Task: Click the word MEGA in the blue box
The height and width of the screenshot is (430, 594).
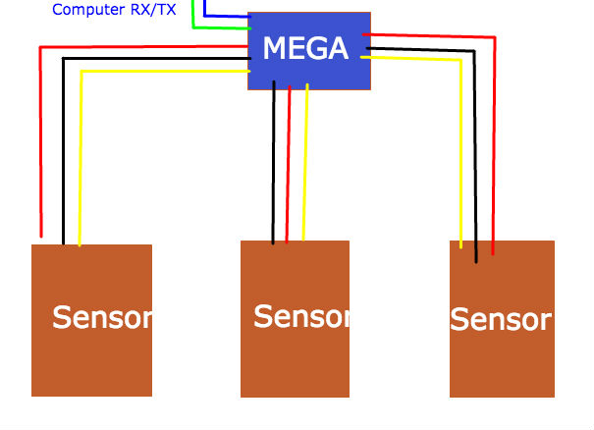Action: (x=304, y=48)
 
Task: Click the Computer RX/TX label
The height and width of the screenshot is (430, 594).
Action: (x=114, y=10)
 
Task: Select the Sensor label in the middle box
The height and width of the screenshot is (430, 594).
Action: (x=301, y=317)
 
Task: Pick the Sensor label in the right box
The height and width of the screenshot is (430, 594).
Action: (x=501, y=320)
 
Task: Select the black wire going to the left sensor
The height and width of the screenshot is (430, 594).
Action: (x=63, y=147)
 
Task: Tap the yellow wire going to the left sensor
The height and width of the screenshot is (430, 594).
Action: (x=81, y=157)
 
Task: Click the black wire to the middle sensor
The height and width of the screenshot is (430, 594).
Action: (x=274, y=167)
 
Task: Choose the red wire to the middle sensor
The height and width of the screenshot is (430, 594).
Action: (x=289, y=167)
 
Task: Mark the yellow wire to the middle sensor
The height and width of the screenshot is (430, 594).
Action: (x=305, y=167)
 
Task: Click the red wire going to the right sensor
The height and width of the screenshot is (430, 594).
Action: (x=494, y=147)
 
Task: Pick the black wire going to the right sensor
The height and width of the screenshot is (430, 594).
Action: (x=475, y=147)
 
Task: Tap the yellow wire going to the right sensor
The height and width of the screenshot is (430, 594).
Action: (x=460, y=147)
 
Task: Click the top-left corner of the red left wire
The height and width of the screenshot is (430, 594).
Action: (x=40, y=46)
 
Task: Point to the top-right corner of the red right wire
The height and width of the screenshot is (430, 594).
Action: (x=494, y=38)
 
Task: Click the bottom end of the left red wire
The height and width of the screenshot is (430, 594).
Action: (x=41, y=236)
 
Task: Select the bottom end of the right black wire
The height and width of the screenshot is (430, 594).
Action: (x=476, y=261)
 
